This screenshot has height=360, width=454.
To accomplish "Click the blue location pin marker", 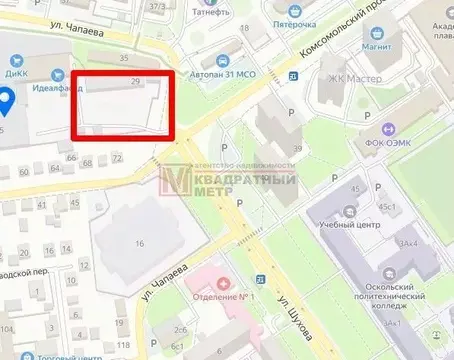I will [6, 99].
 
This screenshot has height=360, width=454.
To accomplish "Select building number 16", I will [139, 243].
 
